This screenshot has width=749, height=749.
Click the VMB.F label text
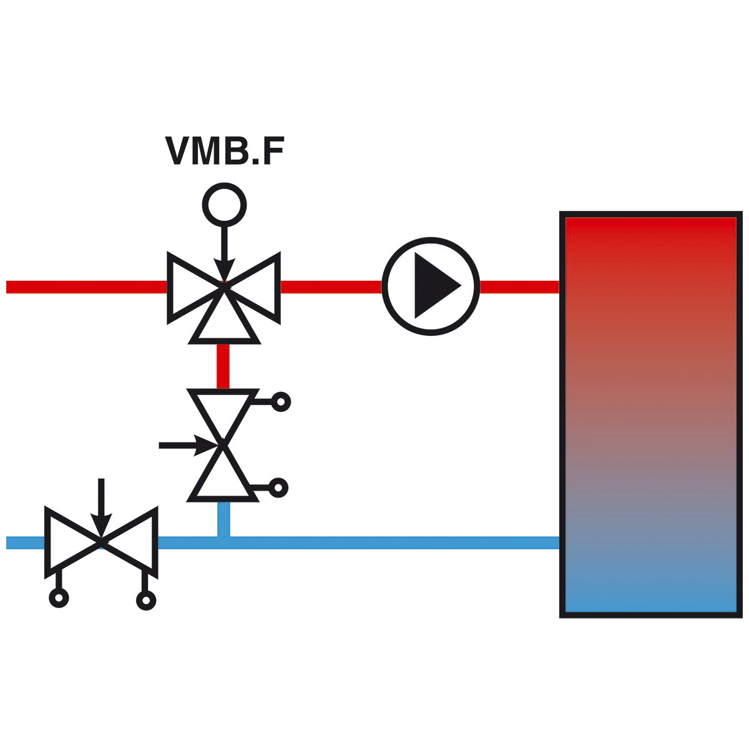point(225,150)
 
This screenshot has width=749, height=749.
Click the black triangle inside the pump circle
point(438,286)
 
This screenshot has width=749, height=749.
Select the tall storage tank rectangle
point(650,414)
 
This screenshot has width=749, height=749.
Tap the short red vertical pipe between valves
point(223,366)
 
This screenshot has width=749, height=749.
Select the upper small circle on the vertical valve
point(281,402)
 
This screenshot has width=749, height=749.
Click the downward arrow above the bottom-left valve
point(101,507)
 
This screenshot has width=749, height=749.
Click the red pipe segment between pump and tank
point(520,287)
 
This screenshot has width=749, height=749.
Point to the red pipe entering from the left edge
point(86,287)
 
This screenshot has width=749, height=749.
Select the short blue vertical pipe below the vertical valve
point(223,520)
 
